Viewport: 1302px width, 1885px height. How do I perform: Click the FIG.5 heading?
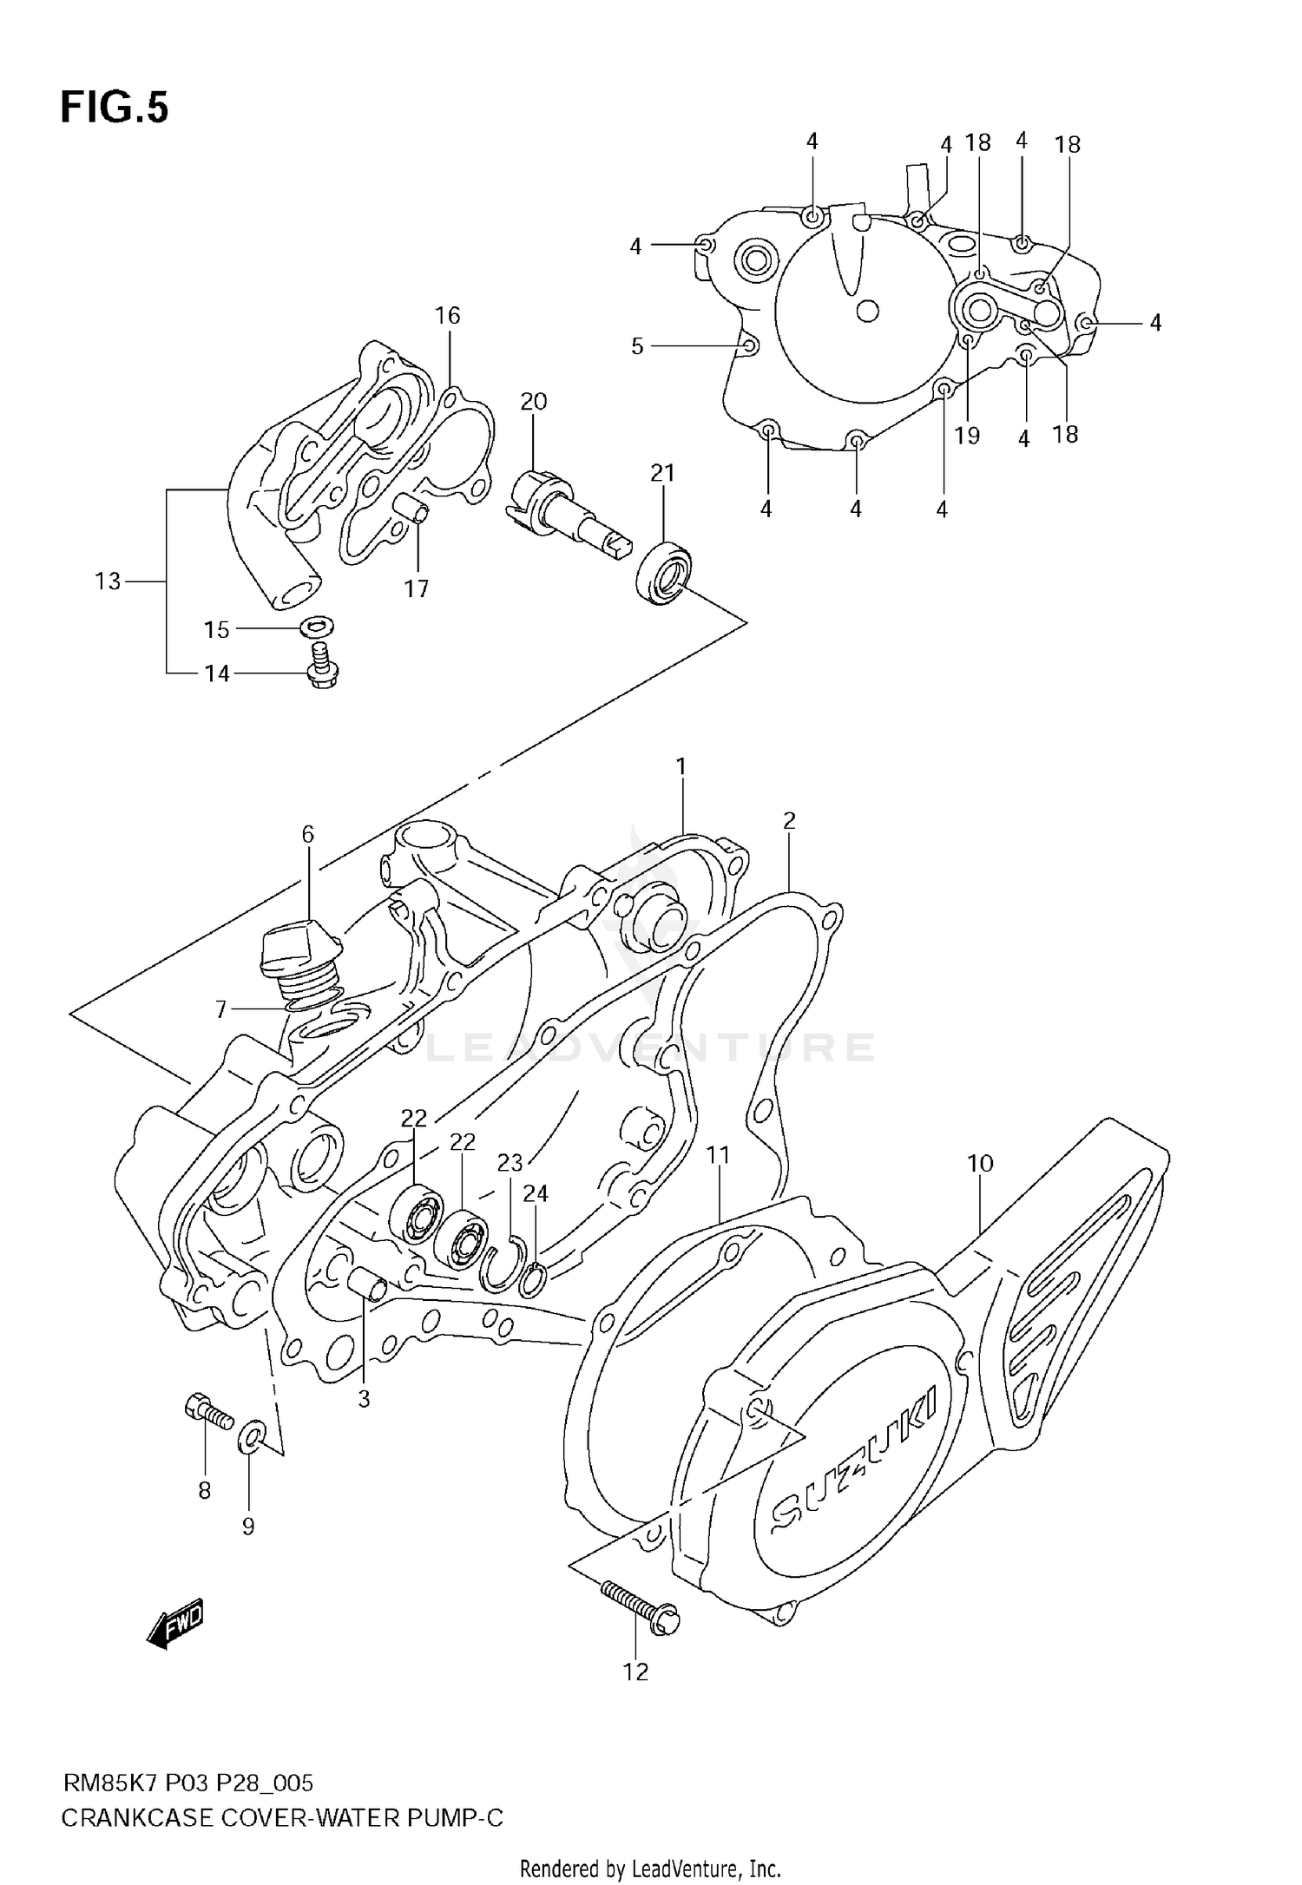[115, 108]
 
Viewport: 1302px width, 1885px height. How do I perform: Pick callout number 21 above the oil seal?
[662, 473]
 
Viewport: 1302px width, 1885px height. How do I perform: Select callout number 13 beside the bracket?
[108, 581]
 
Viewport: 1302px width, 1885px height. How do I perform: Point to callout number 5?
[636, 346]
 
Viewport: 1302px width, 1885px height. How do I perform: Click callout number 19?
[967, 435]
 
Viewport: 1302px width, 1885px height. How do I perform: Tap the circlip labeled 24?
[533, 1279]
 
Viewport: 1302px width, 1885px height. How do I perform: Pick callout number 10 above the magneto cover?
[980, 1163]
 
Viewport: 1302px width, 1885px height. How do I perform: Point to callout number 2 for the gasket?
[788, 820]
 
